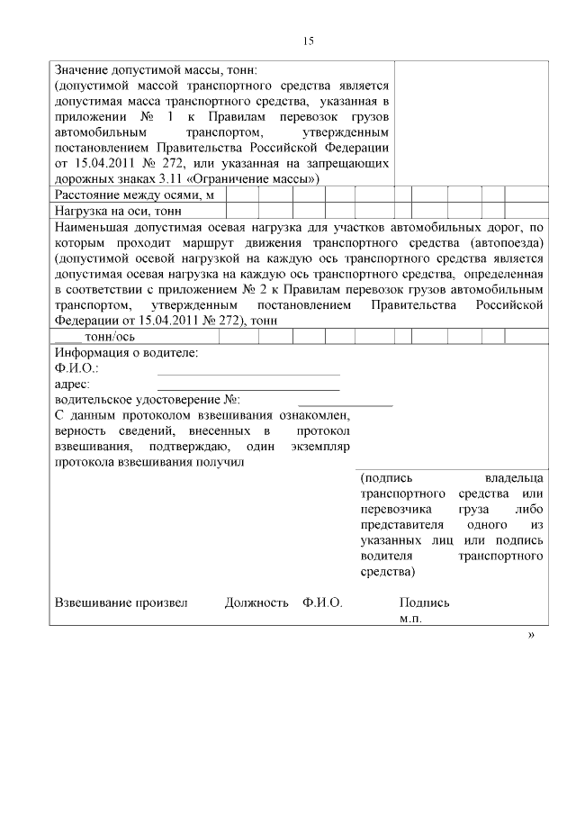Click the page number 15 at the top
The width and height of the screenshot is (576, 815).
(308, 41)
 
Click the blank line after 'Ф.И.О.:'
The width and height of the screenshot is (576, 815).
(248, 371)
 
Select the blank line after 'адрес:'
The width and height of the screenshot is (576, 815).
(248, 387)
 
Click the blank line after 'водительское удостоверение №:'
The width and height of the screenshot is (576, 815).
(346, 403)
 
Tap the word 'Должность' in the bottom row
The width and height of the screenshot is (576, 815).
(256, 603)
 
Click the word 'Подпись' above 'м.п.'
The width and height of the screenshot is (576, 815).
(425, 603)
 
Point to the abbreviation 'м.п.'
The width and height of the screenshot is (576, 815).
(411, 620)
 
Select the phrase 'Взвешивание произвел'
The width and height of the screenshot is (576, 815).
(121, 603)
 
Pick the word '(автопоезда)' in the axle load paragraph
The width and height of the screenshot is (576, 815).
(507, 243)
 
